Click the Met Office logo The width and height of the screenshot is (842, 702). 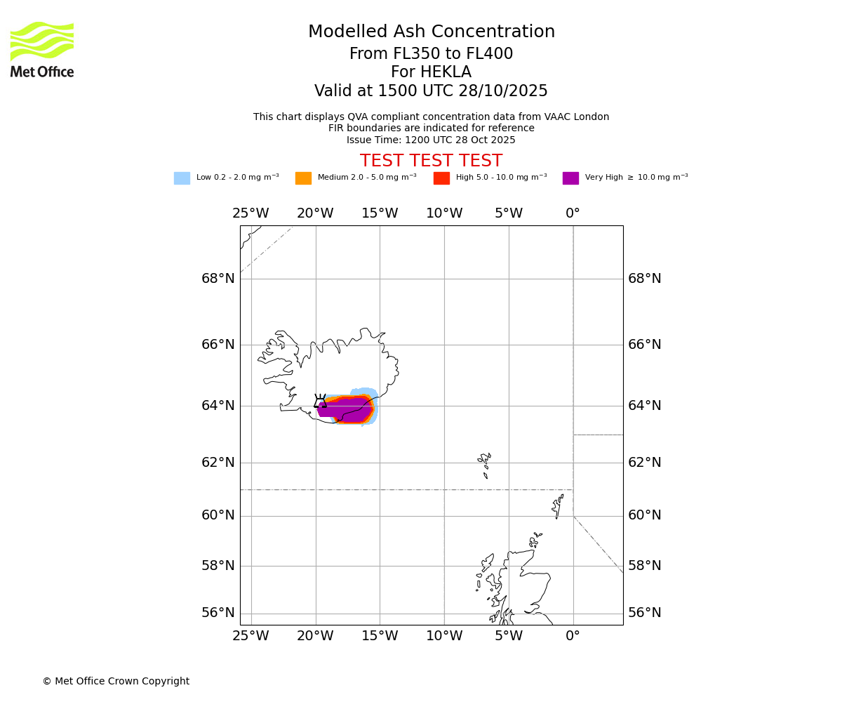[42, 49]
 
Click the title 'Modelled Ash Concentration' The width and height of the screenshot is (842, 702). [431, 32]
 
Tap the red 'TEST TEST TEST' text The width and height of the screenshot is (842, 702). [431, 161]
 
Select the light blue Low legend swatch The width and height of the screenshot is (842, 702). [182, 178]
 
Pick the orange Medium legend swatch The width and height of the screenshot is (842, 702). [303, 178]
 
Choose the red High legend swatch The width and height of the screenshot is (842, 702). [441, 178]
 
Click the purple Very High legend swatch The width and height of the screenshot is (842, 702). [570, 178]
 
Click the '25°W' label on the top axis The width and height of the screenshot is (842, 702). [250, 213]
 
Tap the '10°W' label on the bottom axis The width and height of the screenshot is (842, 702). [444, 636]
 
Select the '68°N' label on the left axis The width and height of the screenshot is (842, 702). [218, 279]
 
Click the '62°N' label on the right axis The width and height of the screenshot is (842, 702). [644, 463]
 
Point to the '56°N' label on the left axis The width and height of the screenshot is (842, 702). [218, 613]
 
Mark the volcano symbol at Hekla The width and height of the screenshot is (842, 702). [320, 402]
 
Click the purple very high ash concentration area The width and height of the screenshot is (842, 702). [347, 410]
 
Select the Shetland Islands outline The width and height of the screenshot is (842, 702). [559, 505]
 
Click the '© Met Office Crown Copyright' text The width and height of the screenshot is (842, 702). [116, 681]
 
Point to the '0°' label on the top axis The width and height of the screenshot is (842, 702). [573, 213]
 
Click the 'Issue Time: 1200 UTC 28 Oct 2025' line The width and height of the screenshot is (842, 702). [431, 140]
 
